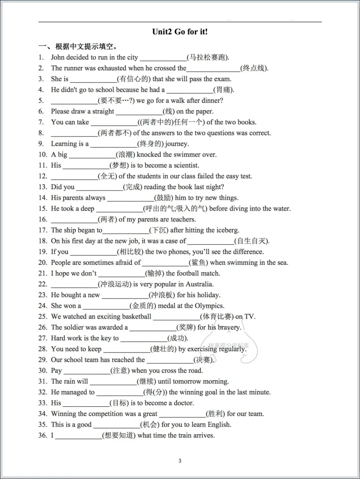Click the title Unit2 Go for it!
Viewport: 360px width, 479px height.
[180, 32]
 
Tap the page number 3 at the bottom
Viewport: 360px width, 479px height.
[180, 461]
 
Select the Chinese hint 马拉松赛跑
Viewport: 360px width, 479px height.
[208, 57]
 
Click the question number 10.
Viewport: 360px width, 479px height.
[43, 154]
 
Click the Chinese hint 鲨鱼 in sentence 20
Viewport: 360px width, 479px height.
[198, 263]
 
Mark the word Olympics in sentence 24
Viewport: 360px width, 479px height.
[209, 306]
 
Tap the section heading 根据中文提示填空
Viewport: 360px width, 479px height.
[86, 46]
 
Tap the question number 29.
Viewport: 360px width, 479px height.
[43, 360]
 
